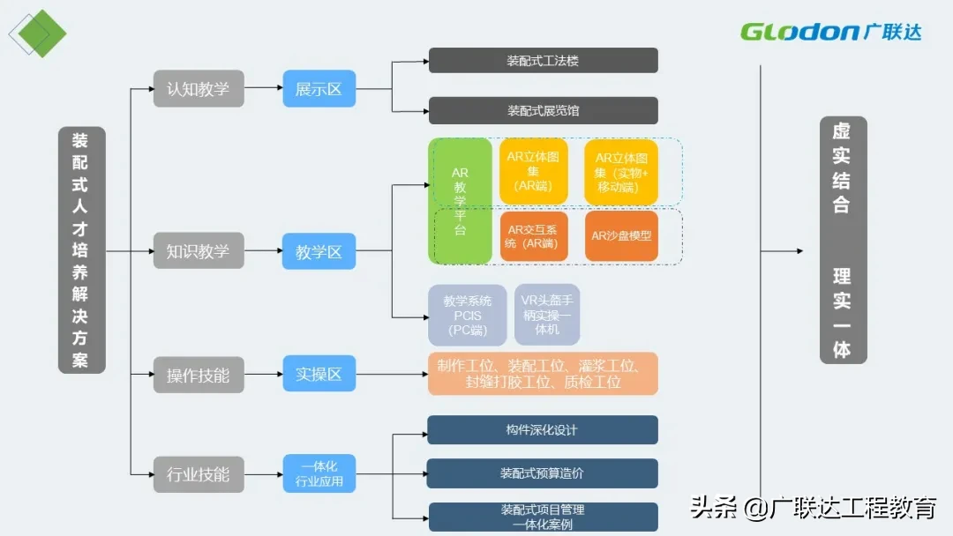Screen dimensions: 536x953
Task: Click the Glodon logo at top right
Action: [830, 33]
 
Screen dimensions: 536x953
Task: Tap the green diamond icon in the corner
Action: [41, 34]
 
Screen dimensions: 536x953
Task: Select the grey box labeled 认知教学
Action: [198, 89]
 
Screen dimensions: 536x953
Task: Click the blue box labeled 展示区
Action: [319, 89]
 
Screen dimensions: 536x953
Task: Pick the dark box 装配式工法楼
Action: [543, 61]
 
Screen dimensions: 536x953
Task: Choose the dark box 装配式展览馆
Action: [543, 110]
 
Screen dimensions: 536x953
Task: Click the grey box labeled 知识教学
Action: [198, 251]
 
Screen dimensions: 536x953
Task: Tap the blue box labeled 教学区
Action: [319, 251]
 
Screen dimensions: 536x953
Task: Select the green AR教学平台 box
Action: [460, 201]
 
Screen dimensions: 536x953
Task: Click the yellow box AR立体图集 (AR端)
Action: [533, 171]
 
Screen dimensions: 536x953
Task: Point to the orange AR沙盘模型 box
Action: [621, 236]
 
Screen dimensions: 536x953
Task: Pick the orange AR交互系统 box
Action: [533, 236]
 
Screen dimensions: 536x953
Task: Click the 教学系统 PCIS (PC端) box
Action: [467, 315]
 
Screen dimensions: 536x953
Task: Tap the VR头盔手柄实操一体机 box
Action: [546, 315]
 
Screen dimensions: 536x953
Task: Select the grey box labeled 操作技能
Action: [198, 375]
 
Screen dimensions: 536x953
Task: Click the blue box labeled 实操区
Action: [319, 375]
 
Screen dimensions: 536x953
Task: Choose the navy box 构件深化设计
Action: [543, 430]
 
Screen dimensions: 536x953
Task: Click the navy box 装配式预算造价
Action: [543, 473]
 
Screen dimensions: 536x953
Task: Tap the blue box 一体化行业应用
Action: [319, 473]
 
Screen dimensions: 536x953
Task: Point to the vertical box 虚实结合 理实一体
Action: [842, 240]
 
